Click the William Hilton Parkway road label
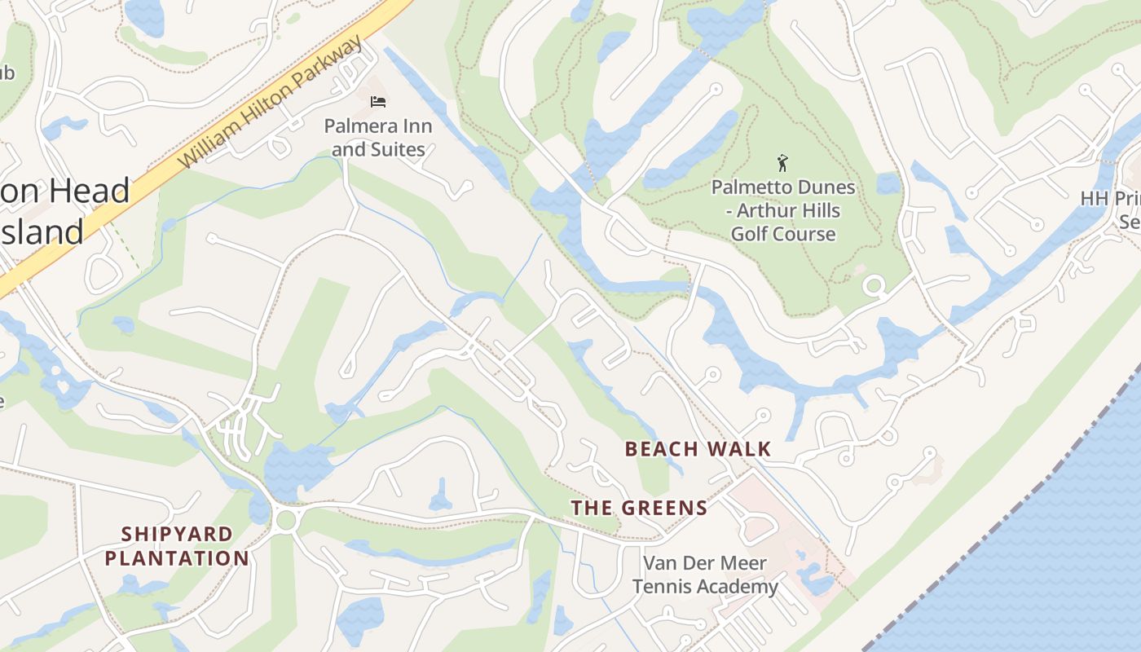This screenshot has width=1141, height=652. coord(271,103)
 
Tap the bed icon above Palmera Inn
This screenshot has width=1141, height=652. coord(378,102)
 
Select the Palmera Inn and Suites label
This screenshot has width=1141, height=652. coord(378,138)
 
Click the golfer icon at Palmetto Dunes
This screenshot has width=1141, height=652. coord(783,163)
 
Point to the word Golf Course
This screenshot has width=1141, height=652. coord(783,234)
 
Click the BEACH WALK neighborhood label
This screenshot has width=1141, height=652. coord(698,449)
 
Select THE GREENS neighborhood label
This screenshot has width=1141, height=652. coord(639,509)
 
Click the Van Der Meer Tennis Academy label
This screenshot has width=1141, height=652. coord(705,575)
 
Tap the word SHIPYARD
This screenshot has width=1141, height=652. coord(178,535)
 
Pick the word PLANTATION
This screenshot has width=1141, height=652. coord(177,559)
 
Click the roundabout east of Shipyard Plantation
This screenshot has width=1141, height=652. coord(285,520)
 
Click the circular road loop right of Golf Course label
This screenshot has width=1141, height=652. coord(874,286)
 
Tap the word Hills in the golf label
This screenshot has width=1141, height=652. coord(821,211)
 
